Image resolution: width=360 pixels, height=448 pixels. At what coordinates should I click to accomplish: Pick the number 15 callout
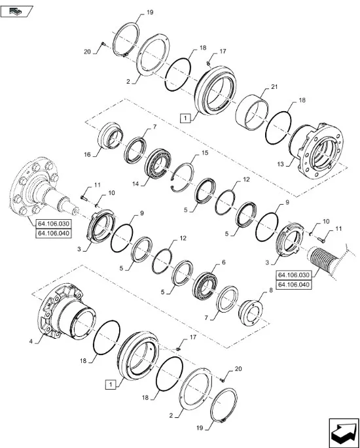click(205, 152)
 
